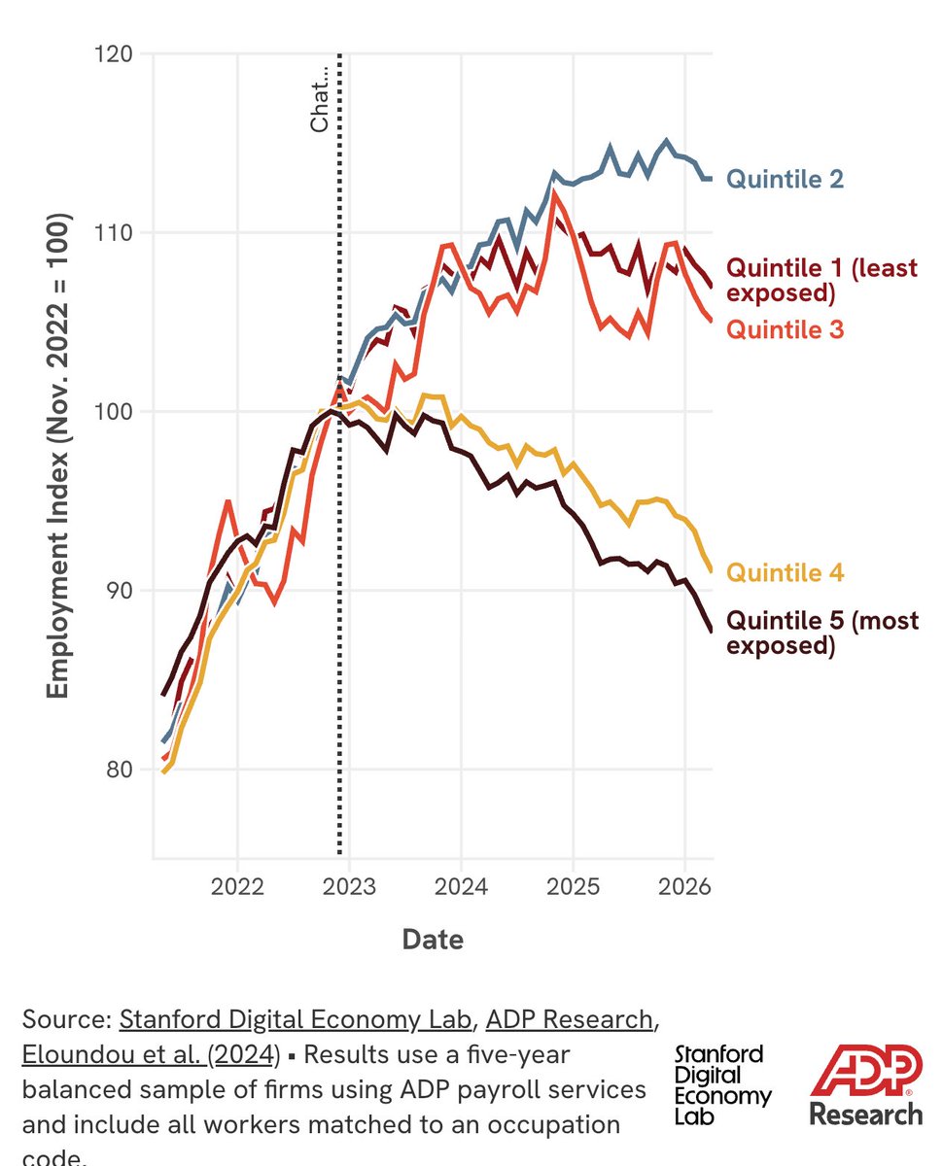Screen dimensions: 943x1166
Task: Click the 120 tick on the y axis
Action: (x=114, y=54)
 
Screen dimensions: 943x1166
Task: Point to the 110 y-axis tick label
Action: (x=114, y=233)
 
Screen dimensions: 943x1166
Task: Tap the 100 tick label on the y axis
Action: (x=114, y=412)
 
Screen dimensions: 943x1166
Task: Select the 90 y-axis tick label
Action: (x=120, y=591)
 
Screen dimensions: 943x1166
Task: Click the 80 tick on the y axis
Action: (x=120, y=770)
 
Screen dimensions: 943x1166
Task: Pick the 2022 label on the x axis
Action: (x=237, y=887)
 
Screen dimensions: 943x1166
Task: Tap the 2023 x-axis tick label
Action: (x=349, y=887)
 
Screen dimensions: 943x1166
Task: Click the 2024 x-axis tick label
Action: (x=461, y=887)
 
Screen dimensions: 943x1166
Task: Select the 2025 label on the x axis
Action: (x=573, y=887)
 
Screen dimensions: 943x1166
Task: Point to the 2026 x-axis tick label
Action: (x=684, y=887)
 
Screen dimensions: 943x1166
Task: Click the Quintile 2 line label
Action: (x=785, y=180)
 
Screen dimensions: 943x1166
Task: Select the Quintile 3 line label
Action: (x=785, y=329)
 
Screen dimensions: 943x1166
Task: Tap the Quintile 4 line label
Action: (x=785, y=572)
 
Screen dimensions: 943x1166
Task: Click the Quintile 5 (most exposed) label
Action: (x=822, y=633)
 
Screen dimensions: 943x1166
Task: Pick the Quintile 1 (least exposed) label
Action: (x=821, y=280)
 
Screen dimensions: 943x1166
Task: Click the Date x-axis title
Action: (x=433, y=940)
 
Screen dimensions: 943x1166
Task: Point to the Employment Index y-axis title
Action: (x=57, y=456)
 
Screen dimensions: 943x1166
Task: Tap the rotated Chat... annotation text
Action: (x=320, y=100)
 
